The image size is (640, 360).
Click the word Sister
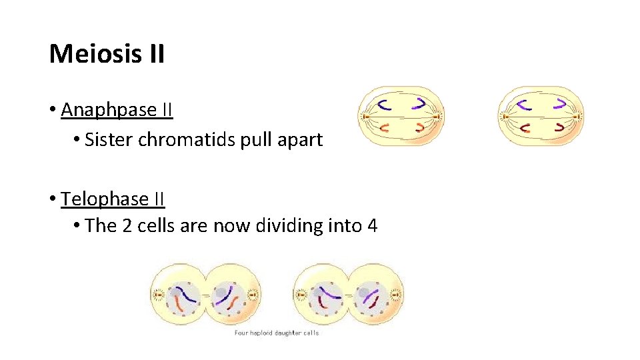point(109,140)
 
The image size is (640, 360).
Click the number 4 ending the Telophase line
point(372,226)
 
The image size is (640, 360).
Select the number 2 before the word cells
point(128,226)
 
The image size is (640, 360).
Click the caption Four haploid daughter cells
point(277,333)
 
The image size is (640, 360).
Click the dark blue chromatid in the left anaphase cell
point(385,103)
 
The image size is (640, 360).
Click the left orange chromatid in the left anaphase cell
point(384,127)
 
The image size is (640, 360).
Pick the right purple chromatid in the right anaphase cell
point(561,103)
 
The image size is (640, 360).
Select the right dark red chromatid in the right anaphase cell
point(560,127)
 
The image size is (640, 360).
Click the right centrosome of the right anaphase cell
point(578,116)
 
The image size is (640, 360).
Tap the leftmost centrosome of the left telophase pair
point(159,294)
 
